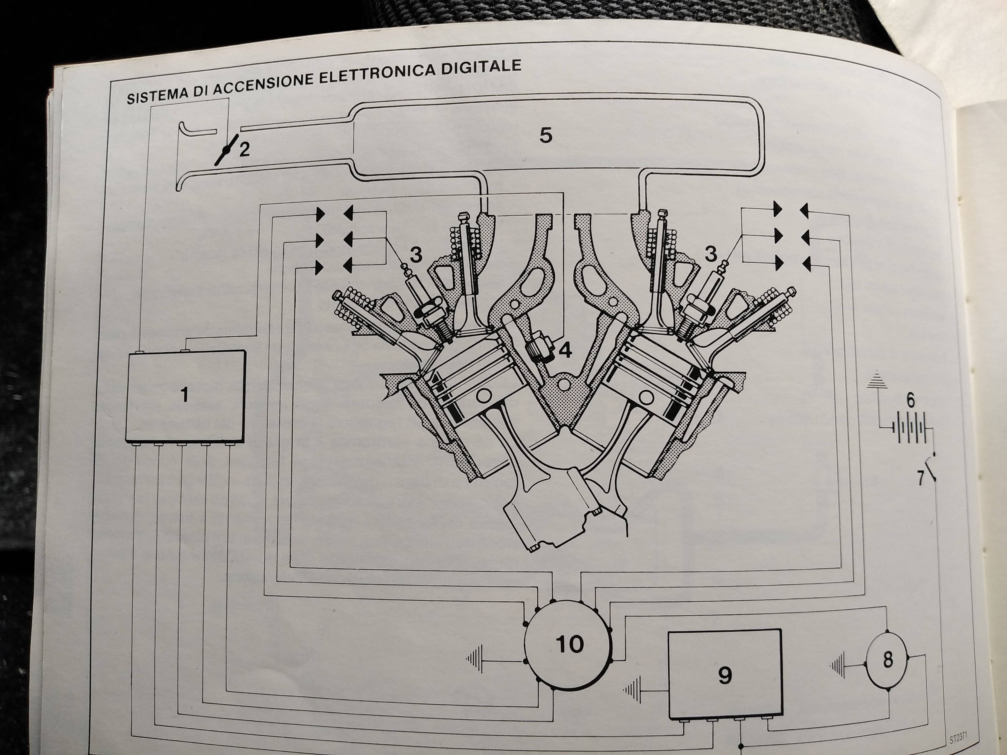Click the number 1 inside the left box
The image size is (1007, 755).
click(184, 395)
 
